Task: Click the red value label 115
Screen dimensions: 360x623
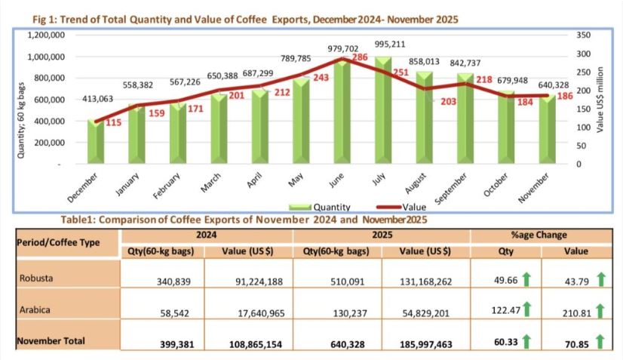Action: tap(115, 123)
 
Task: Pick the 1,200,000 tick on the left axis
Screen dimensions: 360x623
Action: tap(45, 35)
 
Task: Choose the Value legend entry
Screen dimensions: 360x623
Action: tap(401, 205)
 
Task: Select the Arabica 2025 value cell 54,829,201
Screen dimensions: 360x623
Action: tap(425, 310)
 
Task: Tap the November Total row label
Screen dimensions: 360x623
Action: tap(51, 341)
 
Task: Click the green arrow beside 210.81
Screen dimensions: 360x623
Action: tap(601, 310)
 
